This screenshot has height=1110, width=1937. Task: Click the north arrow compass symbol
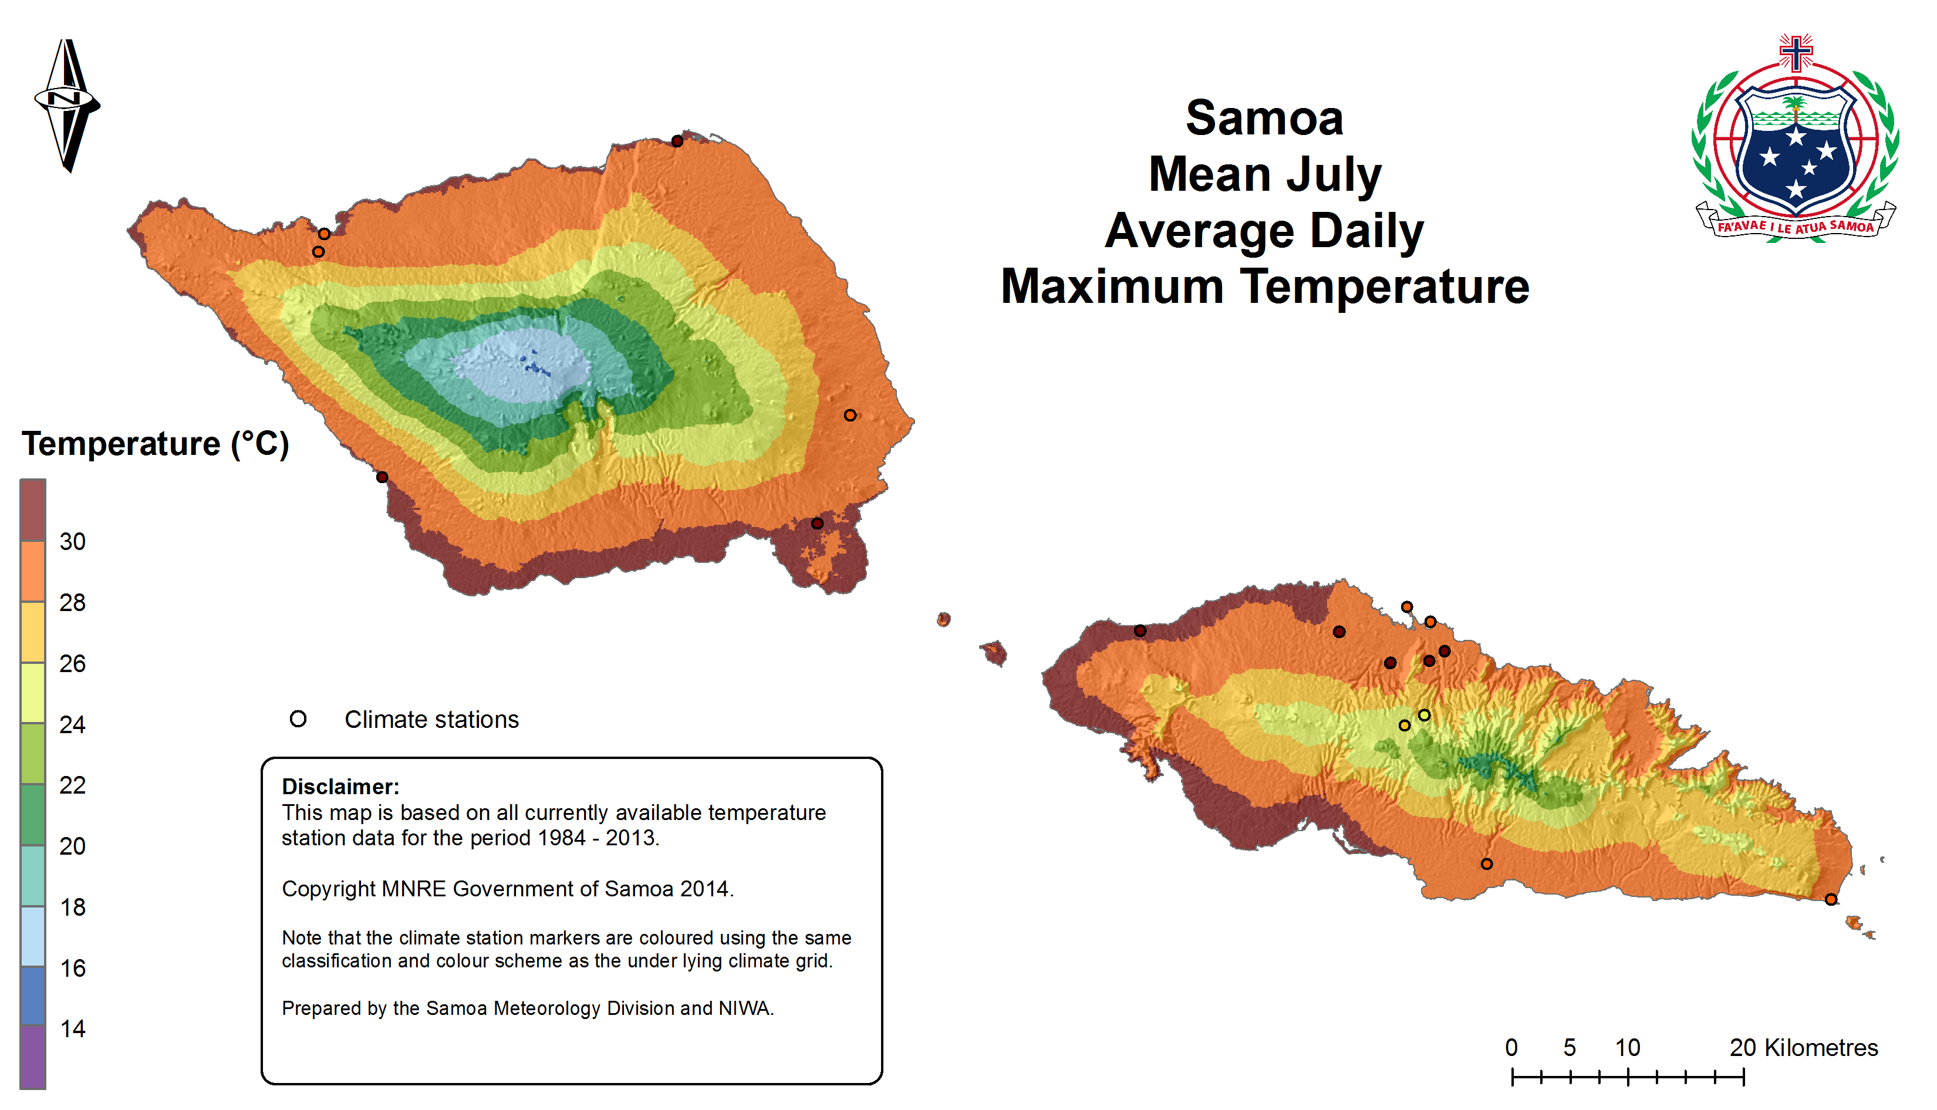[x=67, y=104]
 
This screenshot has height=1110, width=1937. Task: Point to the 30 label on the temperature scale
[x=72, y=542]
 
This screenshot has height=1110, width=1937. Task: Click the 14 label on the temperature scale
[x=72, y=1029]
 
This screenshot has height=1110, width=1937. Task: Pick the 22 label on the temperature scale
[x=72, y=785]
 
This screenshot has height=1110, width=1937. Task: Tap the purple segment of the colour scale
[x=33, y=1057]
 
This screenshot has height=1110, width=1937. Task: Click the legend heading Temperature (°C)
[x=156, y=444]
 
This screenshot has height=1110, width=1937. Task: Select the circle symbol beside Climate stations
[x=298, y=719]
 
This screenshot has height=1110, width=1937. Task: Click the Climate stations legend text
[x=431, y=720]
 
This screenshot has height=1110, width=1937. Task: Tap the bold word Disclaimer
[x=340, y=787]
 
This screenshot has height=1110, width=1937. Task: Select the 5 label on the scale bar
[x=1570, y=1048]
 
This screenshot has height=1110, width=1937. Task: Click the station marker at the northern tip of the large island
[x=677, y=141]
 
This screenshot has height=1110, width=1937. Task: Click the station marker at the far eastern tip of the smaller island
[x=1831, y=900]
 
